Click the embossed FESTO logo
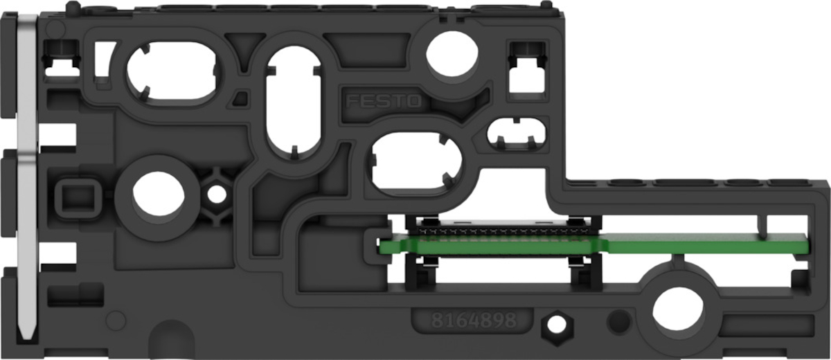point(384,101)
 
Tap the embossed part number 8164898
point(474,321)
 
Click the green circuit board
point(593,244)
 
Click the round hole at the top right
point(452,54)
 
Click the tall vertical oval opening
point(294,102)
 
